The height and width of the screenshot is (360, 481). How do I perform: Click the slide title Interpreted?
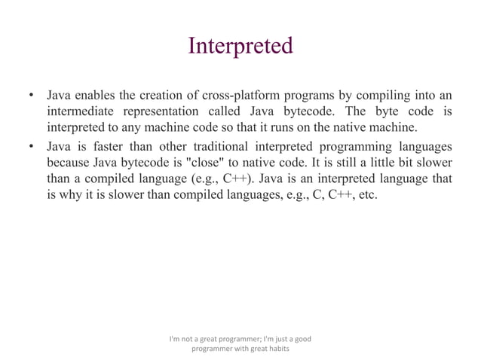(x=240, y=46)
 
